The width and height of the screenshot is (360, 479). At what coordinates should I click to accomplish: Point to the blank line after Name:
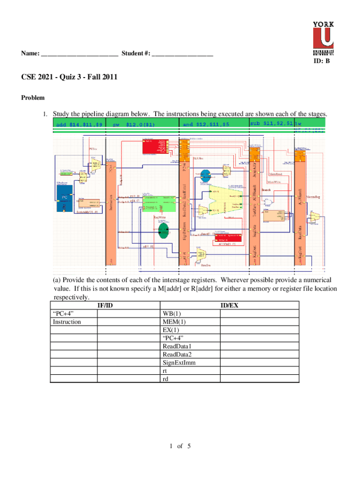pos(79,54)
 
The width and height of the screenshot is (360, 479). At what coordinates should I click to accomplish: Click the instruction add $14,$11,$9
pos(79,125)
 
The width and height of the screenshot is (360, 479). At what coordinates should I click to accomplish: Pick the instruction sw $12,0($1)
pos(134,125)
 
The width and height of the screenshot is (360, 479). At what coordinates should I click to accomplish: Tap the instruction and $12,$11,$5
pos(206,125)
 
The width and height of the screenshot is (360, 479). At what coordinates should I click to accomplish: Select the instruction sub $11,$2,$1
pos(271,123)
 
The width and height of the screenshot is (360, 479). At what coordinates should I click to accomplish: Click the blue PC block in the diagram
pos(65,197)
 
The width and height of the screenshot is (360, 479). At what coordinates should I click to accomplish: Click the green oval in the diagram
pos(163,230)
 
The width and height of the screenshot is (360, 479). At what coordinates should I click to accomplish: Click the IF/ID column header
pos(105,305)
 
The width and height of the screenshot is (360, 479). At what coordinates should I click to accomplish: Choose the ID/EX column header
pos(229,305)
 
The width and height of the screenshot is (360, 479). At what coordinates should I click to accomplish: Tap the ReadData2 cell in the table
pos(177,355)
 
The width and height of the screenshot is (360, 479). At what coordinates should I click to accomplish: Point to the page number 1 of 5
pos(180,446)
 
